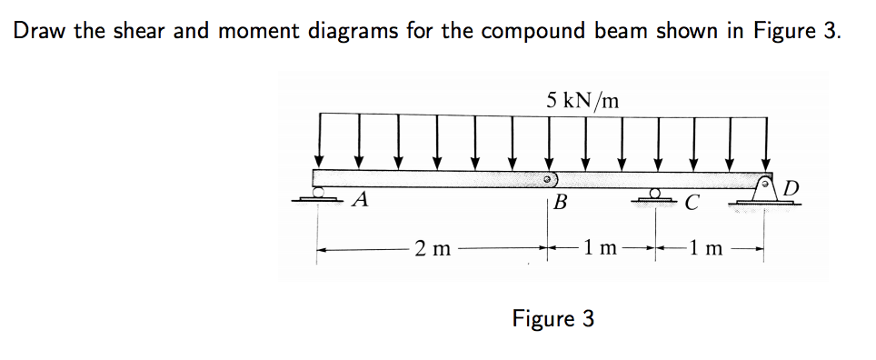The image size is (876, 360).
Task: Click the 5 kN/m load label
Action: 583,99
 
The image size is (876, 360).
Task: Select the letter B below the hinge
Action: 561,202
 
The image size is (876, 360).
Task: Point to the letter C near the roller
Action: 692,202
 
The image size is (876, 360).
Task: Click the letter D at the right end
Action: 791,188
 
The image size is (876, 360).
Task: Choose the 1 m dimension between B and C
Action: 602,246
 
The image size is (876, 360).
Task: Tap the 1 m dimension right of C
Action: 706,246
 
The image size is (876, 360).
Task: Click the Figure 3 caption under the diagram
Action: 553,318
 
